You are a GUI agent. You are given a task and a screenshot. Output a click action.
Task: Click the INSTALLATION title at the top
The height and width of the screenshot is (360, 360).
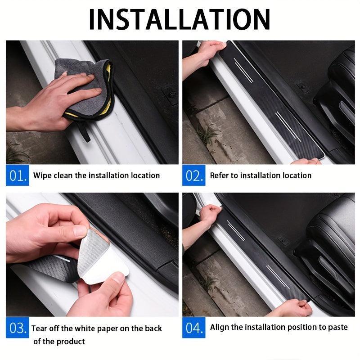[180, 19]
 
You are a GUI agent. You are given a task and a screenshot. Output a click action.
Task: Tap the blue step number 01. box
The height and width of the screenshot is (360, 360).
[18, 175]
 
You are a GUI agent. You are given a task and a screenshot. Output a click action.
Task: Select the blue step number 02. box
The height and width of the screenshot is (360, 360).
[194, 175]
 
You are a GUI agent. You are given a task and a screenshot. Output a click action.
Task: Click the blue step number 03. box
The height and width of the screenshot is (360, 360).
[18, 328]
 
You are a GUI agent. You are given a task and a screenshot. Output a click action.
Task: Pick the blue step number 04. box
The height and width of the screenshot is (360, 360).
[194, 328]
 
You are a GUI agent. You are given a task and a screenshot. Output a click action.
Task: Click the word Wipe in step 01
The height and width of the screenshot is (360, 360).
[43, 175]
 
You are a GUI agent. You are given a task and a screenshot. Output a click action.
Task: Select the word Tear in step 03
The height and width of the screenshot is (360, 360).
[40, 328]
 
